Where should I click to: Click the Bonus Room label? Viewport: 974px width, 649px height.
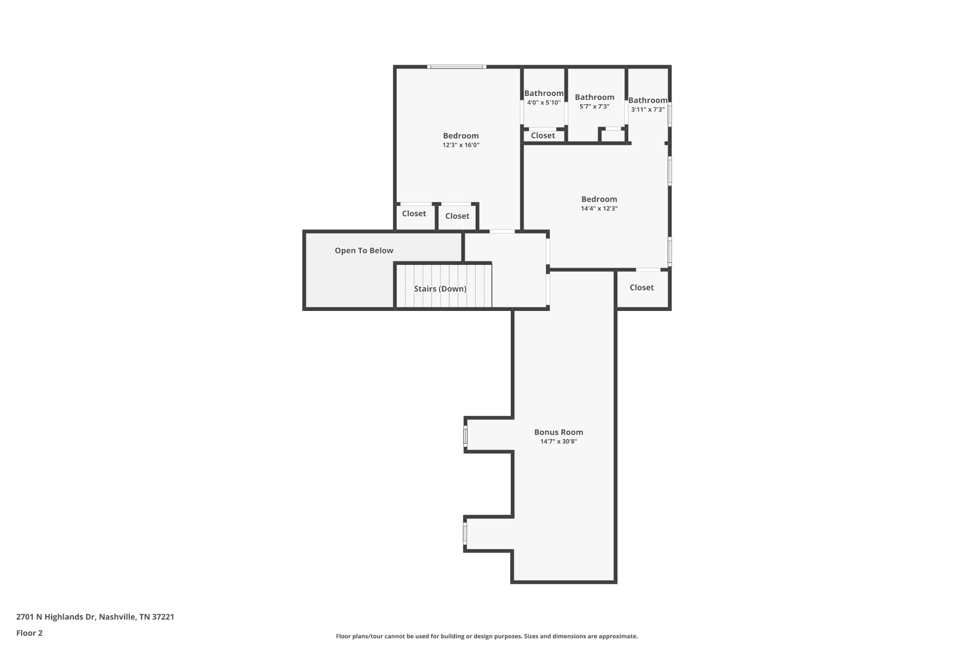[558, 432]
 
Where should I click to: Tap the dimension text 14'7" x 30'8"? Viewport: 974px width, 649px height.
[558, 441]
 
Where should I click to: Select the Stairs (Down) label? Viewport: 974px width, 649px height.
[440, 289]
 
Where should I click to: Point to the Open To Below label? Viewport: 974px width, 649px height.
[364, 251]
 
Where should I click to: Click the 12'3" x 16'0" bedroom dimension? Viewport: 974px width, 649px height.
[461, 145]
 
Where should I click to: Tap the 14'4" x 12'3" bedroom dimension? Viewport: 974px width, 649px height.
[599, 208]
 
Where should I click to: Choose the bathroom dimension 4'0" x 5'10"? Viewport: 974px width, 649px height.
[544, 103]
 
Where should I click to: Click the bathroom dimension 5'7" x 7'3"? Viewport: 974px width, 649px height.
[594, 107]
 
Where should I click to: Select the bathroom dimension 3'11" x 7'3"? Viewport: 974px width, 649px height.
[648, 109]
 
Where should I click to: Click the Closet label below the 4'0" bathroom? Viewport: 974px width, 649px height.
[543, 136]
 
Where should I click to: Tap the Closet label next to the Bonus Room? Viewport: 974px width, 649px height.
[642, 288]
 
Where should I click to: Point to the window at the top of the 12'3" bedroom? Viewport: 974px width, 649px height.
[457, 67]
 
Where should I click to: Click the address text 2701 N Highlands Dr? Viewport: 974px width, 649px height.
[56, 617]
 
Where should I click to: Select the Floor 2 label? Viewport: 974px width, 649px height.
[29, 633]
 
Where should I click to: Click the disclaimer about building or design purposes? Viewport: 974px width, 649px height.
[487, 636]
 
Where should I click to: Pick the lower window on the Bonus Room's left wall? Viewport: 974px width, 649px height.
[465, 533]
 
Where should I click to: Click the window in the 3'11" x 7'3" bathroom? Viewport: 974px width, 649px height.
[670, 115]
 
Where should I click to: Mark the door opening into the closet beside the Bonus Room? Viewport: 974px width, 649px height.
[648, 270]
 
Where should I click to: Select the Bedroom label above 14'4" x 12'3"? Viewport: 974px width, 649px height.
[599, 199]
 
